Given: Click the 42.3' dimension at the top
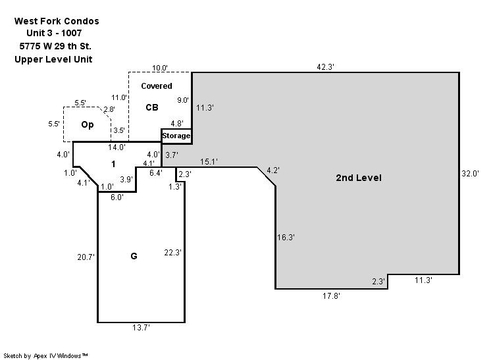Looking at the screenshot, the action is pos(325,66).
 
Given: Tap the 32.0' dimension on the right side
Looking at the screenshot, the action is pos(470,174).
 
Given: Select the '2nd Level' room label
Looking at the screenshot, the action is pos(359,178).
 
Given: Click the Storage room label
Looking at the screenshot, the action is pos(176,136).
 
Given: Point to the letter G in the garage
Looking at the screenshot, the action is pos(134,256).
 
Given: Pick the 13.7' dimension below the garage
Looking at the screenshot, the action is pos(141,328).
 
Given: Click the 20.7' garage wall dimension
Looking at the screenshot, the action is pos(86,257).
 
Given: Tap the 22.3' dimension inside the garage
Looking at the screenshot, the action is pos(172,252).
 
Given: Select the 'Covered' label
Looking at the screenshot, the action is pos(157,86).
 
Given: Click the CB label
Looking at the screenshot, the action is pos(152,107).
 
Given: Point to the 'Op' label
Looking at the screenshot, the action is pos(88,124).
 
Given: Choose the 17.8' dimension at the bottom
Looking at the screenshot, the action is pos(331,296).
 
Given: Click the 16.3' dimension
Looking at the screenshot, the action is pos(286,238).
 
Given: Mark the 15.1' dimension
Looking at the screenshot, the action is pos(209,161).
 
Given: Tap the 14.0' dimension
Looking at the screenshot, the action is pos(116,147).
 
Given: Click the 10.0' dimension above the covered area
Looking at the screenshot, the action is pos(160,68).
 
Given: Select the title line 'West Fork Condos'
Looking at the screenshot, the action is pos(57,21).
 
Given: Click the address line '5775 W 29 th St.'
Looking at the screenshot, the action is pos(55,46).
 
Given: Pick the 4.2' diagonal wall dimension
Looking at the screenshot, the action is pos(272,170).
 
